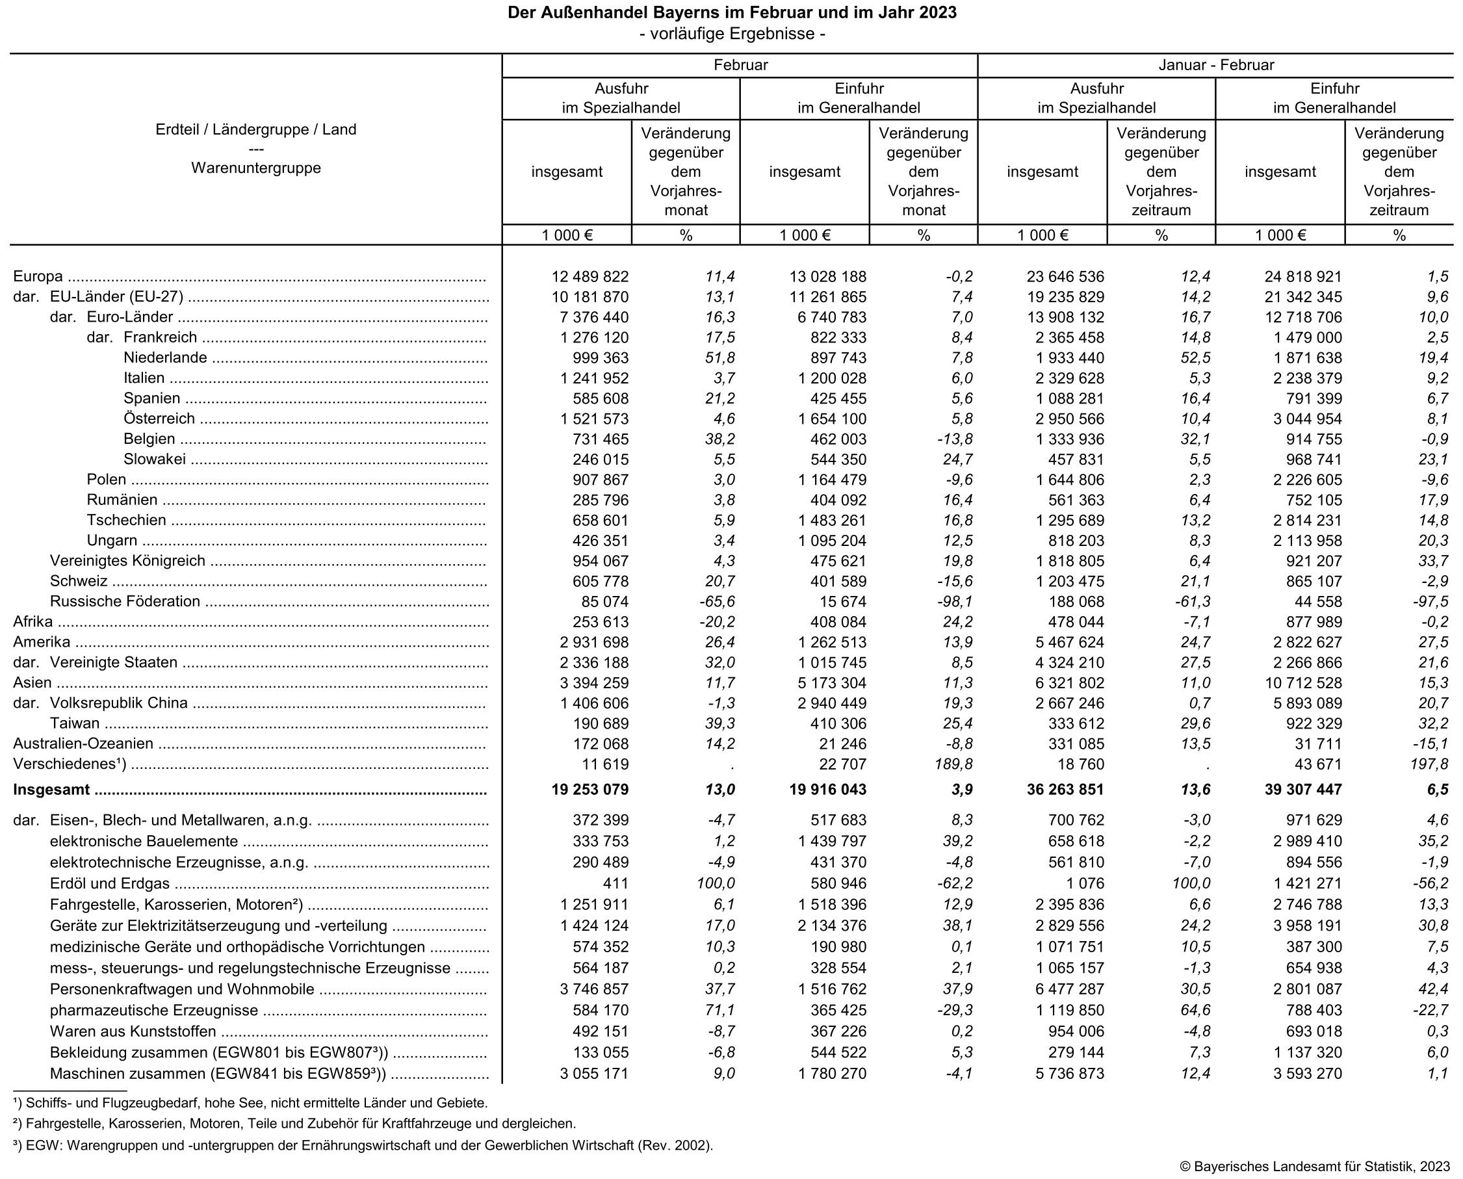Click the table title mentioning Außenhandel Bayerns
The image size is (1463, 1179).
[732, 13]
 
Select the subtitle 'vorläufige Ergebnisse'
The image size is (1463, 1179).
[732, 34]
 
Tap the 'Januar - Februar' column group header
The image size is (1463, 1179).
[1215, 65]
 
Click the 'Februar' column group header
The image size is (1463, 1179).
[740, 65]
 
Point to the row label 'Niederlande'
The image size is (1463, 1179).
[165, 358]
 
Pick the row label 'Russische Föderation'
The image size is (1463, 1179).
[125, 602]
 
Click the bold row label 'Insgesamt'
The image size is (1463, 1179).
[51, 790]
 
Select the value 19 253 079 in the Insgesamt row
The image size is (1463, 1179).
[589, 790]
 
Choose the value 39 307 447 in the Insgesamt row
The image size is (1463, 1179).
[1302, 790]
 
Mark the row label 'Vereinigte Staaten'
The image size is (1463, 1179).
[114, 663]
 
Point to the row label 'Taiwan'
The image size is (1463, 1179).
[75, 724]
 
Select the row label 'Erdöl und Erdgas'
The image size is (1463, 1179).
[109, 884]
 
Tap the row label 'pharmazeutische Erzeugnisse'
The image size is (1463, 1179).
[153, 1011]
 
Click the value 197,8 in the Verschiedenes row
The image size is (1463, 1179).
[1429, 765]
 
